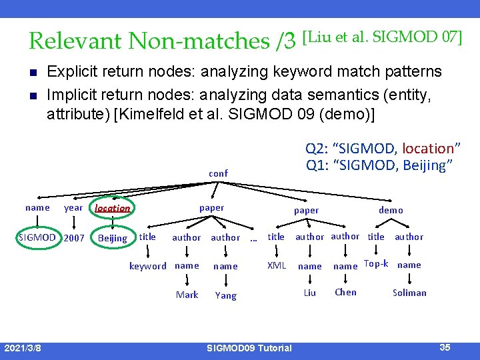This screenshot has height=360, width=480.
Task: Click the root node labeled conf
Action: (x=218, y=173)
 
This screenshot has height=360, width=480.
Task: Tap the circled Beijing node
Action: (x=112, y=238)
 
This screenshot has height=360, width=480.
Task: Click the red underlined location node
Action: (x=112, y=208)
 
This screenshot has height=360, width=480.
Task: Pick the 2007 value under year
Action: (x=74, y=237)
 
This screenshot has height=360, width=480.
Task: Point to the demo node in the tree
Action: (x=391, y=210)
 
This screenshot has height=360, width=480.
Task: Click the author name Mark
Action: (x=187, y=295)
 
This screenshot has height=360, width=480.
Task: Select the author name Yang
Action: (x=225, y=295)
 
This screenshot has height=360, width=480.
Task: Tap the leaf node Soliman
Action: (x=409, y=293)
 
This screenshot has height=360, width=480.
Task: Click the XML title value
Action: (x=277, y=265)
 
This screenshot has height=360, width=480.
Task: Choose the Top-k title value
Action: (x=376, y=264)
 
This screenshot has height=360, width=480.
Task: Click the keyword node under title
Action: (x=147, y=266)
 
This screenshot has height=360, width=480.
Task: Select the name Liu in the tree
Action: (x=310, y=293)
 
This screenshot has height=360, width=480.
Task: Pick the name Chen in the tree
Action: (x=345, y=292)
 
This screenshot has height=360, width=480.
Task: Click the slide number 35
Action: (x=445, y=347)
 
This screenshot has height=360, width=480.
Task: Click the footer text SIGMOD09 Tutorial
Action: (x=249, y=348)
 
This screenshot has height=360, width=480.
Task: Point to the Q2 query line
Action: (x=383, y=149)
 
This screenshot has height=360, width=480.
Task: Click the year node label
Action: (x=73, y=207)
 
